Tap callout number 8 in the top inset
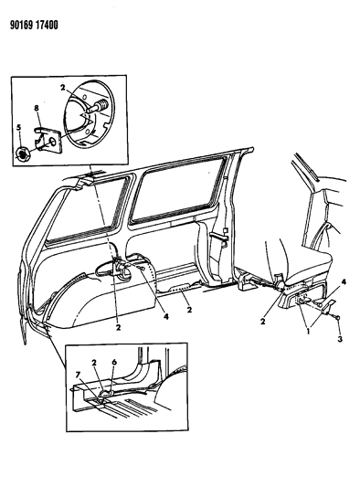pos(36,108)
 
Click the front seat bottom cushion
pos(320,269)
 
